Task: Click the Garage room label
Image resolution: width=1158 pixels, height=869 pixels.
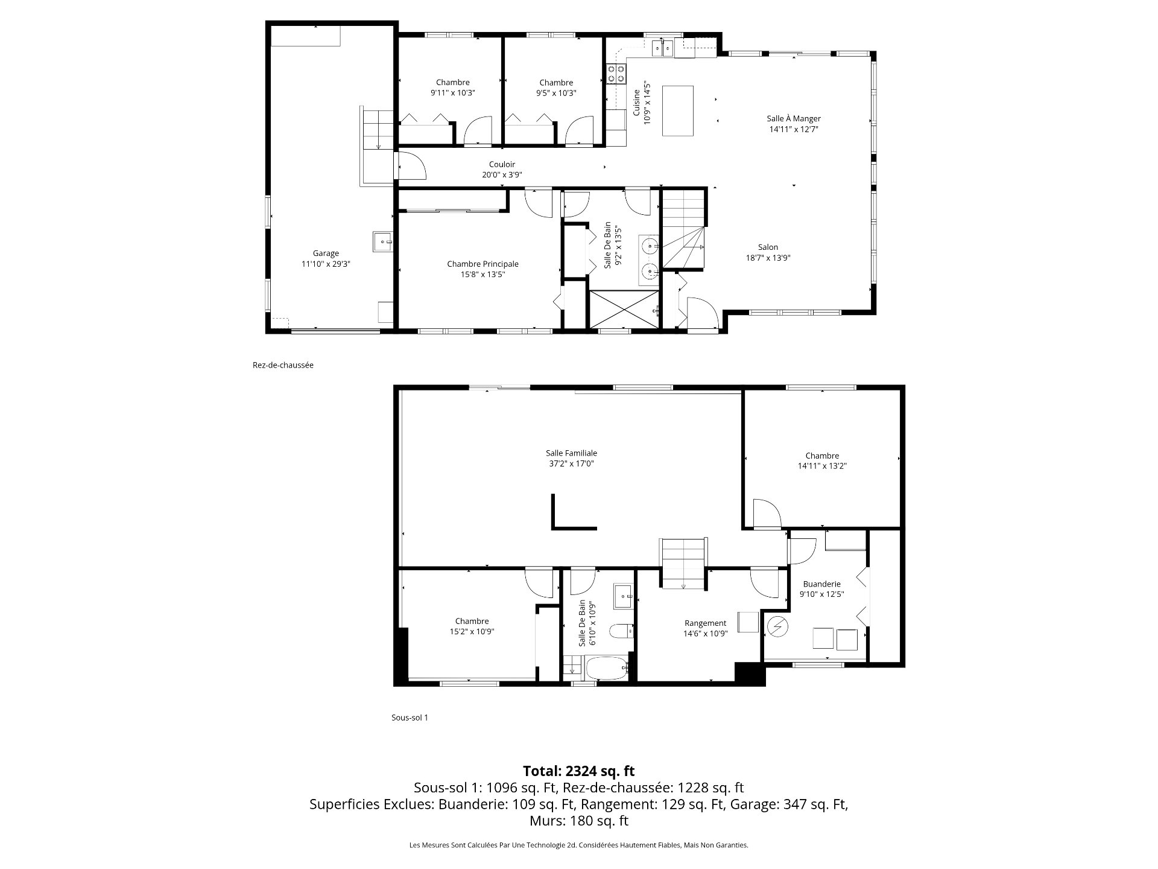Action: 326,253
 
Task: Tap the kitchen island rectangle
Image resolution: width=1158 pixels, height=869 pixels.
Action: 678,111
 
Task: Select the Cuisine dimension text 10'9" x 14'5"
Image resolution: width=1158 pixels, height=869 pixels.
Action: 648,103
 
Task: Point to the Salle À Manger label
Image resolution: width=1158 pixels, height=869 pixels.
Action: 794,119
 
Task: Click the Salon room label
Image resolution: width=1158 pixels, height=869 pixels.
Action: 768,247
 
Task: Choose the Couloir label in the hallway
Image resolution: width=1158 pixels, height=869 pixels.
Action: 502,164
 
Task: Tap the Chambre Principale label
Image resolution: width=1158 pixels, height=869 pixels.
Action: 482,264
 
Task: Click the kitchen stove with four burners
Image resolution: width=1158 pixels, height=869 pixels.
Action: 616,74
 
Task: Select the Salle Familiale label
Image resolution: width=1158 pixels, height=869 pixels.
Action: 571,453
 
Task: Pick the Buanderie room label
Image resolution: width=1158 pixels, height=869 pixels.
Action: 821,584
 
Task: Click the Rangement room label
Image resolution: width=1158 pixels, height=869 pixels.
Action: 705,623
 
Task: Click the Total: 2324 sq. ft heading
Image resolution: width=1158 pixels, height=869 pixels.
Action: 578,771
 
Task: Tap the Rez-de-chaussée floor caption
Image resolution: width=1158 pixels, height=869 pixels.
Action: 283,365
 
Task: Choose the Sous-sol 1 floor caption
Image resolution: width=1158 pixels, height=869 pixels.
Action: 410,718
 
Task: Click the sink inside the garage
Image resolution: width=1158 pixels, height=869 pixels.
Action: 383,242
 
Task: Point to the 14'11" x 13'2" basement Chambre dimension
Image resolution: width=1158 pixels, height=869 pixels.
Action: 822,466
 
